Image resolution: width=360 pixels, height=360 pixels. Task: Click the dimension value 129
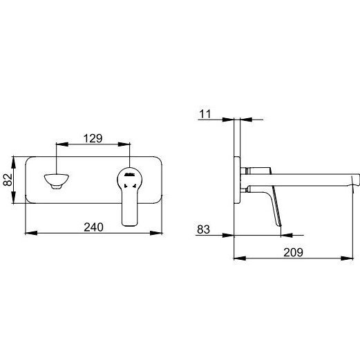93,138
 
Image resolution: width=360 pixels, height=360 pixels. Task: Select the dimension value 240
93,227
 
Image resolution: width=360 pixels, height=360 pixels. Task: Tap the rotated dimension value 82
8,180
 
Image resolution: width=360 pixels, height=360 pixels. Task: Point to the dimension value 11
205,114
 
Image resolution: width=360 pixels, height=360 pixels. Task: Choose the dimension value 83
203,229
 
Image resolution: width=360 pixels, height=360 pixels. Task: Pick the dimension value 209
293,252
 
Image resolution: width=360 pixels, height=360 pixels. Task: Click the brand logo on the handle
129,175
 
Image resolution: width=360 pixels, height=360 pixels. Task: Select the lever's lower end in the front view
130,222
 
